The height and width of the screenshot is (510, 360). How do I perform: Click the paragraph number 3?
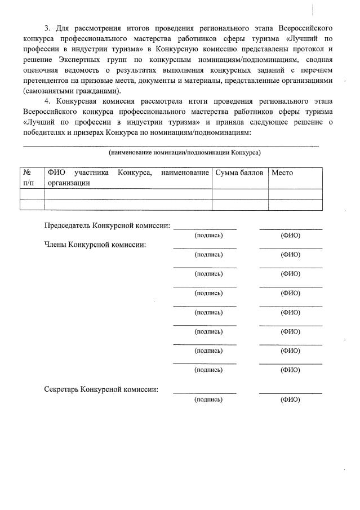coord(47,28)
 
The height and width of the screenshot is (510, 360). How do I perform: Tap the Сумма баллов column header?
coord(239,172)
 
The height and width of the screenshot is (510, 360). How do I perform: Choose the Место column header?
coord(282,172)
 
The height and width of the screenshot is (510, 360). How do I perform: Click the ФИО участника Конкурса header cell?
coord(128,177)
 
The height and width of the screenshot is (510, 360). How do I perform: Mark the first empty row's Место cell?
coord(295,194)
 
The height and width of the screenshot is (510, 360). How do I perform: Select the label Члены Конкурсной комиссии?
coord(95,245)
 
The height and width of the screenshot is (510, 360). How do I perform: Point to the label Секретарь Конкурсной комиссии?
coord(101,389)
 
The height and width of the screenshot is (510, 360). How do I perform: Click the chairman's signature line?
coord(205,228)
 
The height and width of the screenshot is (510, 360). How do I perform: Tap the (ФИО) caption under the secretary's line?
coord(290,400)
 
